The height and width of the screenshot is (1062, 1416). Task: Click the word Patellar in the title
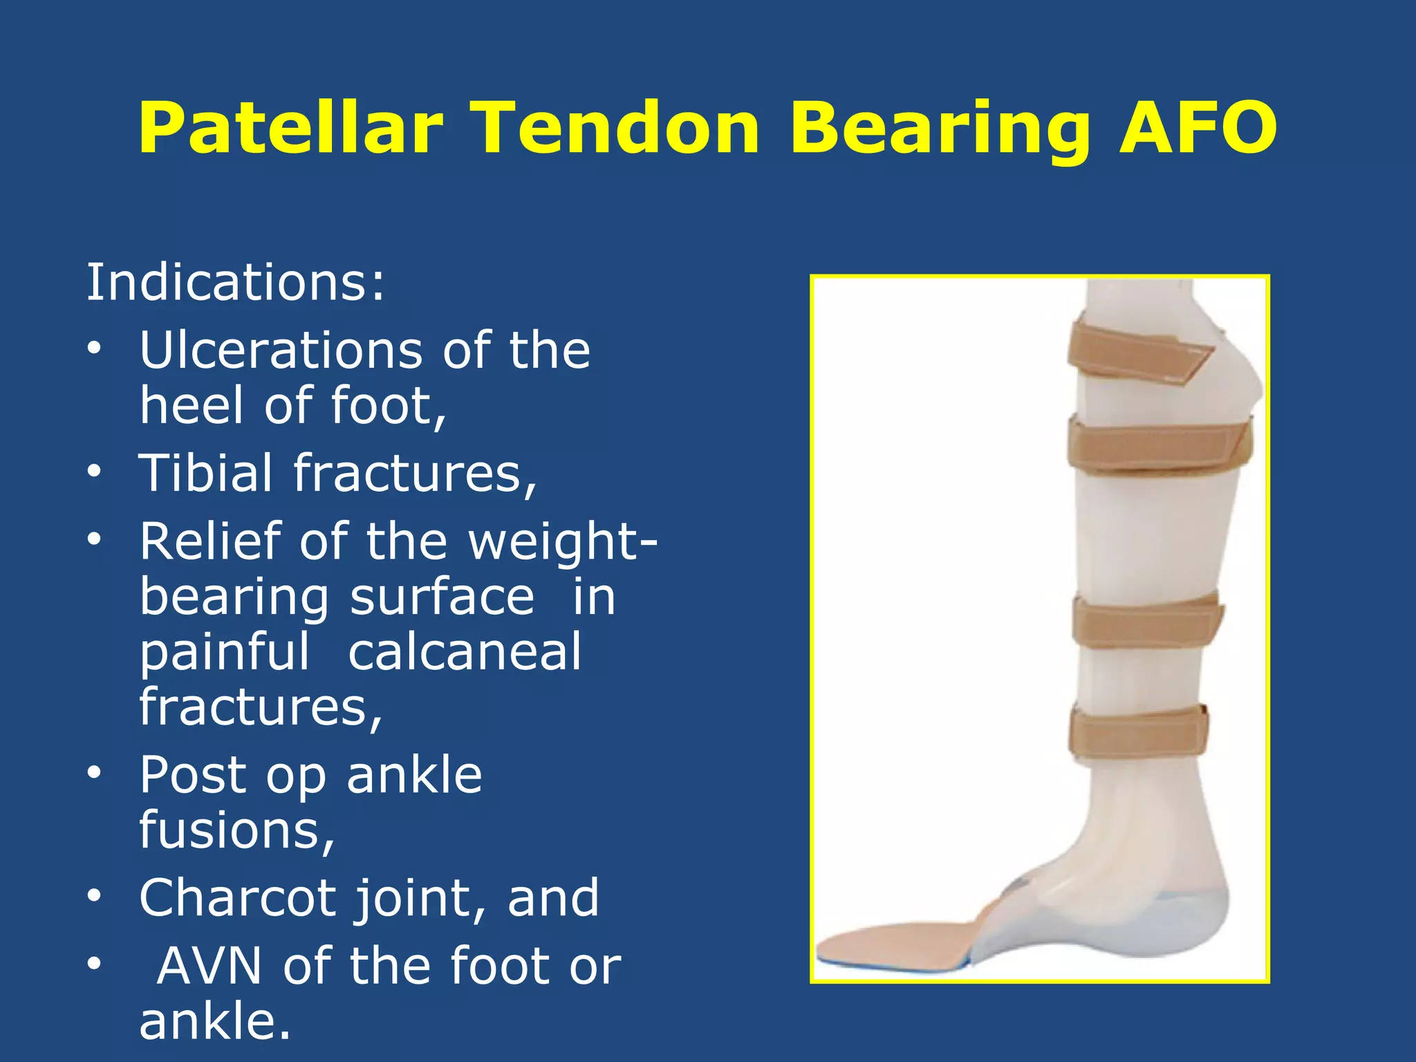pyautogui.click(x=290, y=128)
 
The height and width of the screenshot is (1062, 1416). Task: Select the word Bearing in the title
pyautogui.click(x=940, y=128)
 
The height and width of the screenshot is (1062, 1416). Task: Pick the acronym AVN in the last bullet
pyautogui.click(x=209, y=965)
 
